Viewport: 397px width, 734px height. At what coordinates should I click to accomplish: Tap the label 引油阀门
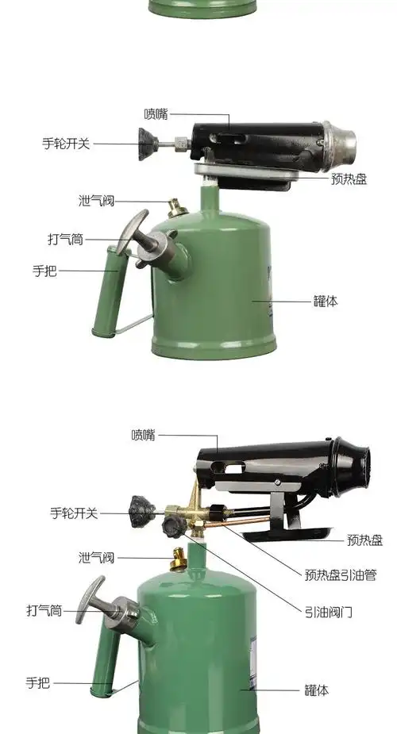[x=328, y=611]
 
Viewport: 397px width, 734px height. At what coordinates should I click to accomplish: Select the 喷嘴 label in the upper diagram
[x=156, y=114]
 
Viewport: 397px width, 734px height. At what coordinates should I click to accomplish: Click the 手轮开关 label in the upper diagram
[x=67, y=144]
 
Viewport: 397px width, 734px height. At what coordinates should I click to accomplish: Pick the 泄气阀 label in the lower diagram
[x=97, y=556]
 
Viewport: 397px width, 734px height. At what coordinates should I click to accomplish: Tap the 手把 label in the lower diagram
[x=37, y=682]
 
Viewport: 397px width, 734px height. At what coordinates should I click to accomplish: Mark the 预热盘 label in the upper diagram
[x=349, y=180]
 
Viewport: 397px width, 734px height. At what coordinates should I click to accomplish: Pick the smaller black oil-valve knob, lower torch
[x=170, y=525]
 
